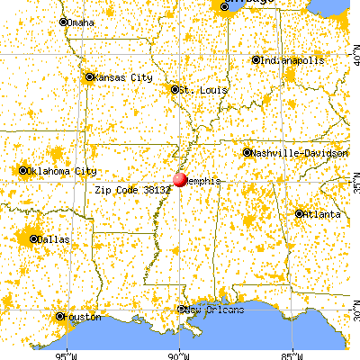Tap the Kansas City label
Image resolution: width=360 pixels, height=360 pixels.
(119, 77)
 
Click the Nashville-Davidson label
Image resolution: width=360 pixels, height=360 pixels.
(301, 154)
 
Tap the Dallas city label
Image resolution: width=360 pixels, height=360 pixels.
(52, 239)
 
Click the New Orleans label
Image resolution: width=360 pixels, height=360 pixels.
(215, 310)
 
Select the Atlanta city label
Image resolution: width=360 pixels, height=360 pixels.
(322, 214)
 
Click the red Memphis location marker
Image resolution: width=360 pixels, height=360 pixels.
(181, 180)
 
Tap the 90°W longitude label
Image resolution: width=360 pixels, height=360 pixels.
(179, 354)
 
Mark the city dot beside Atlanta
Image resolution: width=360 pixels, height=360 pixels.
(300, 214)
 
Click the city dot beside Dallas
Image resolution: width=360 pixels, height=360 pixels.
(34, 239)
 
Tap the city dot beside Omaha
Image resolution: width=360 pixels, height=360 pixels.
(63, 22)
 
